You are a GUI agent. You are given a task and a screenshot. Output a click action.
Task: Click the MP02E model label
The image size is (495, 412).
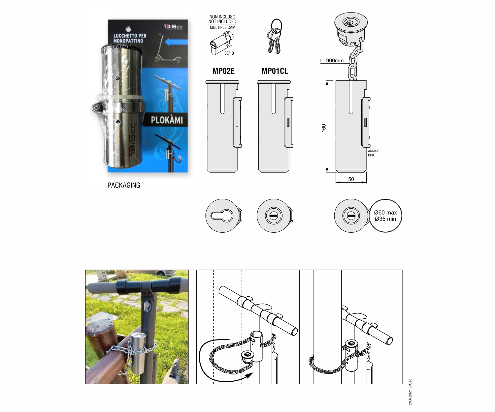[223, 71]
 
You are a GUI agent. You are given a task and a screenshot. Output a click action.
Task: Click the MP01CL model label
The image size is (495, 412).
[275, 71]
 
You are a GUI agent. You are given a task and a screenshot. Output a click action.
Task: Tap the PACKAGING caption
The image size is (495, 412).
[124, 185]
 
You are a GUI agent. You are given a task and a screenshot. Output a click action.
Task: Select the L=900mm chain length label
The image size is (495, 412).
[332, 61]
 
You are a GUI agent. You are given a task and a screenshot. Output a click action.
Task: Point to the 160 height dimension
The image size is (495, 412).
[324, 128]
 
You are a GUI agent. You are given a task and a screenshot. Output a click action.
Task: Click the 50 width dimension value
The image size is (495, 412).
[351, 179]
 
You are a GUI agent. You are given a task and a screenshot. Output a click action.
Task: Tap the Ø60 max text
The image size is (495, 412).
[385, 213]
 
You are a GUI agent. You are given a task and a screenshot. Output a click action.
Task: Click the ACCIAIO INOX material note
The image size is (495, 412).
[374, 153]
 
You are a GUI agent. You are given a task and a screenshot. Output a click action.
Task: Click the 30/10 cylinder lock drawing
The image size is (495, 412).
[220, 44]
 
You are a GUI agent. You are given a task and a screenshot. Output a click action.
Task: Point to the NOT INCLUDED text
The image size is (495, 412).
[222, 22]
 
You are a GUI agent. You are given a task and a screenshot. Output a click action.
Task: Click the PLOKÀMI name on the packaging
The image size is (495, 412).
[167, 120]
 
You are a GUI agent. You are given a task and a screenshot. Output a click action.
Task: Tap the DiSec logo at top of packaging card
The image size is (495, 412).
[173, 27]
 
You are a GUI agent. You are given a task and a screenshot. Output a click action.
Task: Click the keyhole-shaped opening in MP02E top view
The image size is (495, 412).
[222, 216]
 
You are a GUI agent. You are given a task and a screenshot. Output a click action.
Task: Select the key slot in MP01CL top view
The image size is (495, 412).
[274, 216]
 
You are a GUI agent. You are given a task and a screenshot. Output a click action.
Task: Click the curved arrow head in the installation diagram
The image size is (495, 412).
[249, 375]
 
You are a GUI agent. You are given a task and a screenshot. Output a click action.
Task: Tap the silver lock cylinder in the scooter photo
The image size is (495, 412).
[138, 353]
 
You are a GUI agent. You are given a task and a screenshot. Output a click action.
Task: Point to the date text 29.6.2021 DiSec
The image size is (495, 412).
[410, 392]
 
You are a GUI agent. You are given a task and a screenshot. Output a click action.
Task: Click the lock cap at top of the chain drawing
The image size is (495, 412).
[351, 23]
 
